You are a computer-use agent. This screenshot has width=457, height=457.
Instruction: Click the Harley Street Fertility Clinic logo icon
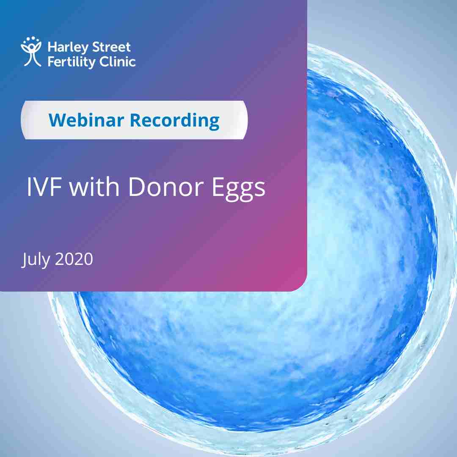(31, 52)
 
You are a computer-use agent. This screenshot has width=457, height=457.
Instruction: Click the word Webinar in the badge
(87, 120)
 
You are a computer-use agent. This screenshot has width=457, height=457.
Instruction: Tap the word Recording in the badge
(175, 121)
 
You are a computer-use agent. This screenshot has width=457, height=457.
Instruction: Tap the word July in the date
(36, 259)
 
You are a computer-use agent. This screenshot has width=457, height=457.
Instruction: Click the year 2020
(74, 259)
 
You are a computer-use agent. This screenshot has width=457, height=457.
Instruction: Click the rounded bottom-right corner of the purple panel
(303, 287)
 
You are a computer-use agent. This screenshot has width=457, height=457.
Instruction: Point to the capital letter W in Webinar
(58, 120)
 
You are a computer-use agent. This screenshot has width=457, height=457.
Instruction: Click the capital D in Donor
(137, 187)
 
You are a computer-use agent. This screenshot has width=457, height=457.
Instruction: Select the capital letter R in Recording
(135, 120)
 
